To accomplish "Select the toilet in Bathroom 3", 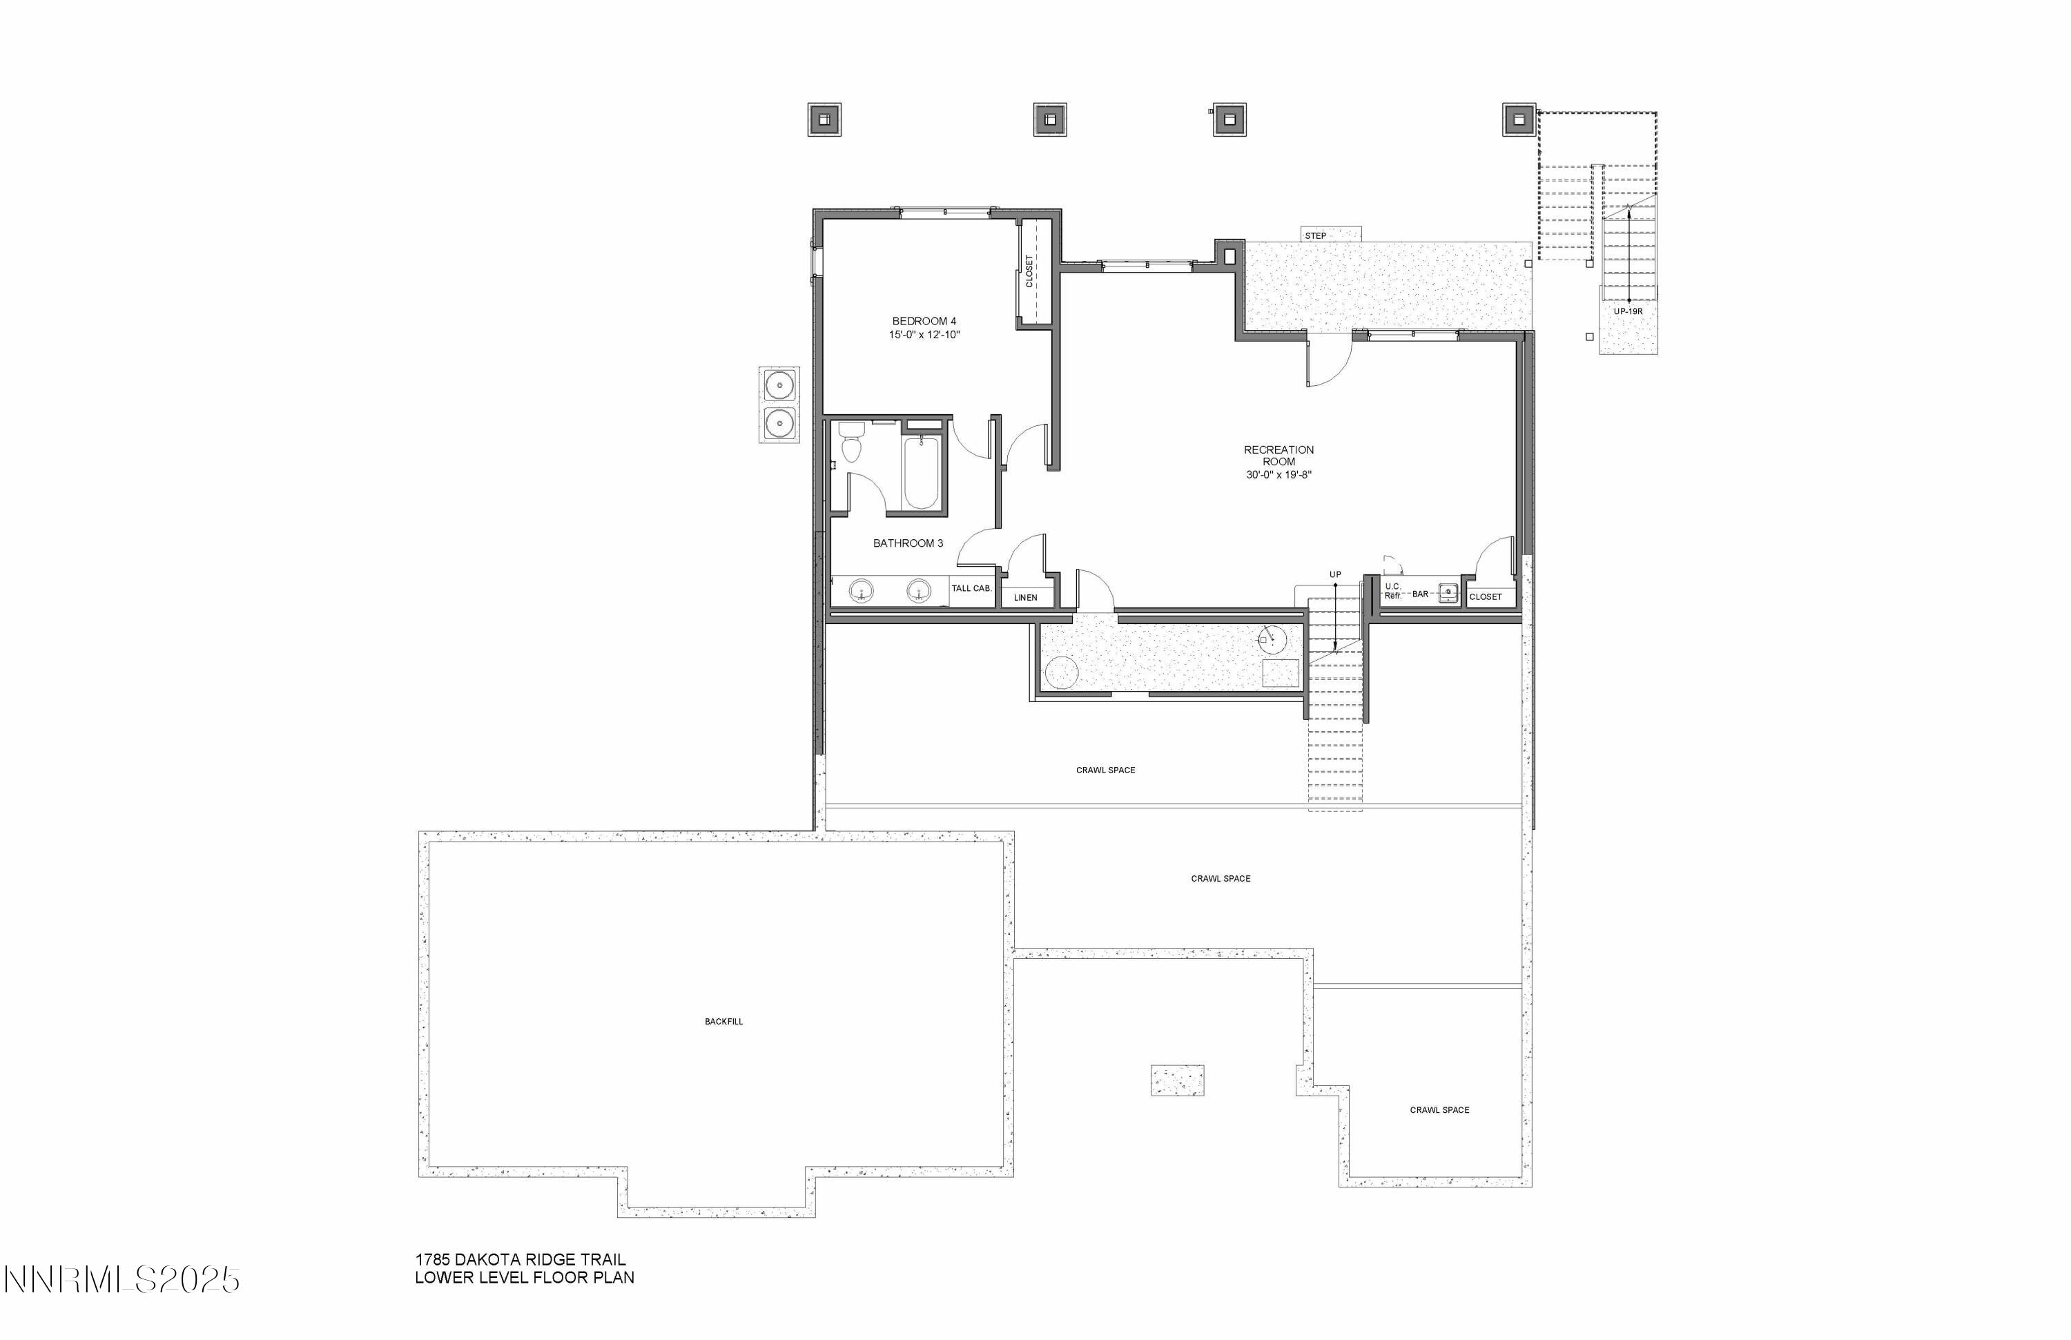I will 850,444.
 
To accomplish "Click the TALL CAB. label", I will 971,588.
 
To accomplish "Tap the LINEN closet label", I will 1025,598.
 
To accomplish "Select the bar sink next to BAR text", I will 1447,592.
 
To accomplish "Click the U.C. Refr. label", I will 1392,591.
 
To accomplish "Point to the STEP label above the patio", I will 1315,236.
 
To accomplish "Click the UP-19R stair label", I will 1627,311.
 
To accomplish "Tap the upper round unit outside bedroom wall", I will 779,385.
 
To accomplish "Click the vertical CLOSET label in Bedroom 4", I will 1029,271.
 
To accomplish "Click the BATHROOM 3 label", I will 908,543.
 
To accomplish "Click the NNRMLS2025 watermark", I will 121,1280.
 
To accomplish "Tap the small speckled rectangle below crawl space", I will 1176,1080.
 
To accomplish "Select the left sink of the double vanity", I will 862,590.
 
